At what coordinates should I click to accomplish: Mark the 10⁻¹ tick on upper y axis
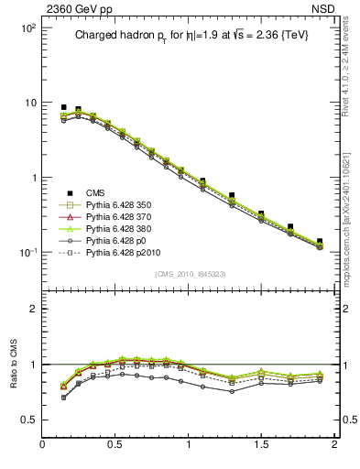[x=26, y=253]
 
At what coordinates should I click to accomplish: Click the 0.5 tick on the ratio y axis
[x=27, y=420]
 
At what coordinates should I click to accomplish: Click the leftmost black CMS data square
[x=63, y=108]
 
